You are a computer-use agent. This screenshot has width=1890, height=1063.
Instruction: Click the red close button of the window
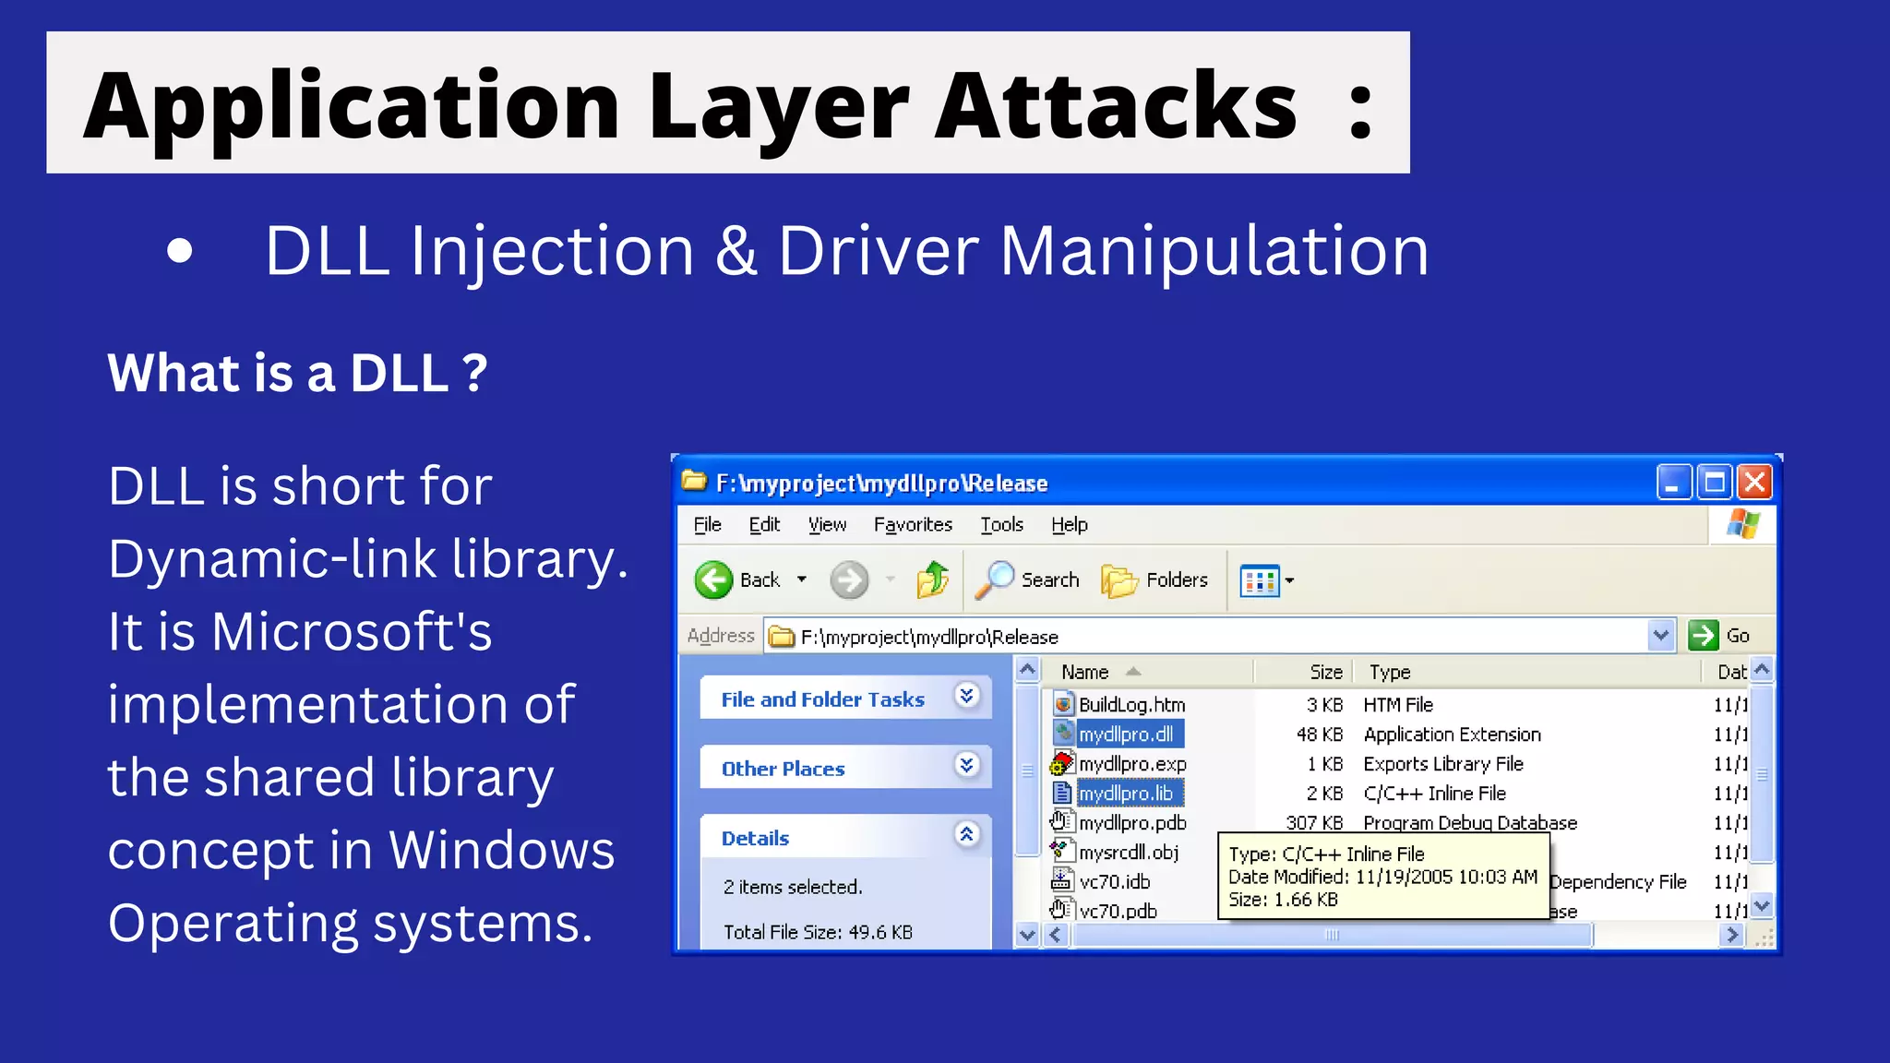click(1754, 483)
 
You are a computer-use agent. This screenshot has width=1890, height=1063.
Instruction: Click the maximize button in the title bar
click(1715, 483)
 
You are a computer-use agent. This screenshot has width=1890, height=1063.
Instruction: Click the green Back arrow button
click(713, 580)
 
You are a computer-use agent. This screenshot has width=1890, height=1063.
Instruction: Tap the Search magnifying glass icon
click(995, 580)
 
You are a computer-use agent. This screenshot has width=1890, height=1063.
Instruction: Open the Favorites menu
click(913, 525)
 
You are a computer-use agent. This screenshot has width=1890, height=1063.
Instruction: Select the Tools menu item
click(1001, 525)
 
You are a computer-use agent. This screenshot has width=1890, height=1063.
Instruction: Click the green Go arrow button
click(1704, 636)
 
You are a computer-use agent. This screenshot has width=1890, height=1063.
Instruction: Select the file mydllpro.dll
click(1126, 735)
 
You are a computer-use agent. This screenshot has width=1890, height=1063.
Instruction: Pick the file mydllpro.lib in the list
click(1126, 794)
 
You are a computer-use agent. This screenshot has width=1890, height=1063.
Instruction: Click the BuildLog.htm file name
click(1131, 705)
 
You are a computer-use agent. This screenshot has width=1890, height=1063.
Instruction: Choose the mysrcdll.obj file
click(1129, 853)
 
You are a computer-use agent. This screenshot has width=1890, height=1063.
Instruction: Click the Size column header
click(1325, 672)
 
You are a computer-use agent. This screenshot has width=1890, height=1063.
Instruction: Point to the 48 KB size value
click(1319, 735)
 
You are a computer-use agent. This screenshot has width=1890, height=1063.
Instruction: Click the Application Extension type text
click(1452, 735)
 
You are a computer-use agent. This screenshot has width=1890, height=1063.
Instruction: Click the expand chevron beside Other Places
click(966, 765)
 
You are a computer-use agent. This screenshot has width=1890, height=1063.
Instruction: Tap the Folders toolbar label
click(1177, 580)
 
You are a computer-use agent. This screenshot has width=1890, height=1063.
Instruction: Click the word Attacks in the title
click(1116, 105)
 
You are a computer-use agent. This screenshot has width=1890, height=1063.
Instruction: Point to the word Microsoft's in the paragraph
click(352, 632)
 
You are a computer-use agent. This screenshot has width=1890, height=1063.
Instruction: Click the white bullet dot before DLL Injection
click(180, 251)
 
